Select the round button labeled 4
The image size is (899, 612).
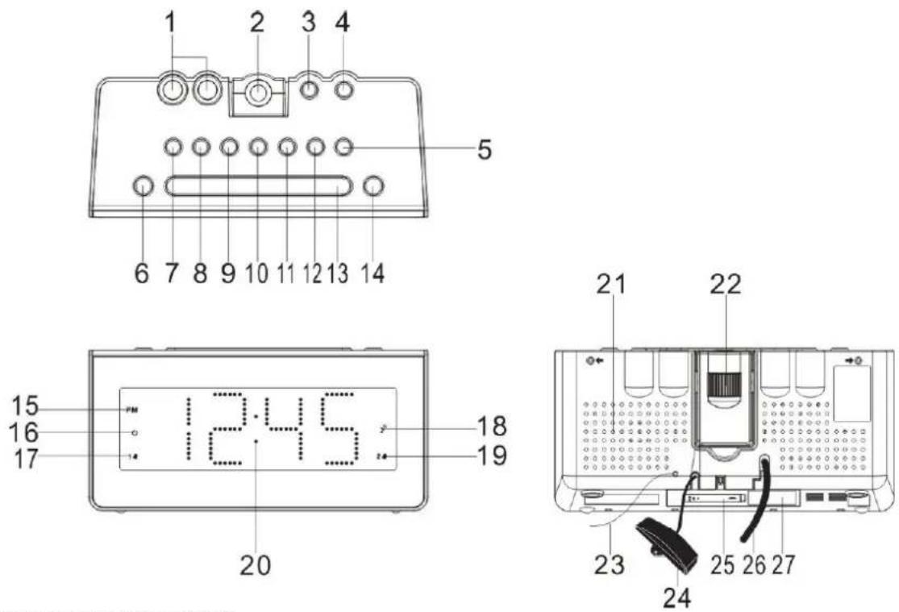coord(343,90)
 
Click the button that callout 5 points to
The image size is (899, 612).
coord(343,148)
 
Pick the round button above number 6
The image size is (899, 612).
coord(142,187)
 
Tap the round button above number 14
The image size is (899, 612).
coord(372,187)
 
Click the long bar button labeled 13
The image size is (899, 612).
coord(258,187)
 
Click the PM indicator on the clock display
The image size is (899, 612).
coord(131,410)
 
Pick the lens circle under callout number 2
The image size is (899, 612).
coord(257,94)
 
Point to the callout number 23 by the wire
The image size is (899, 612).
coord(609,562)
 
